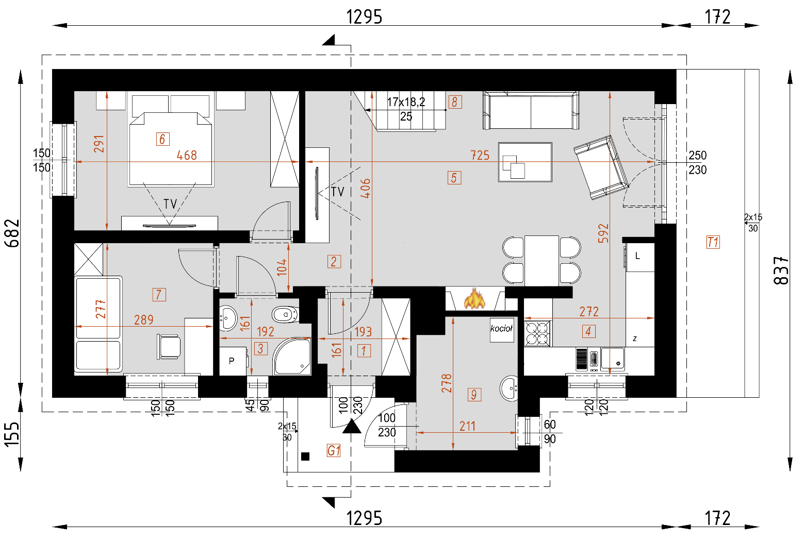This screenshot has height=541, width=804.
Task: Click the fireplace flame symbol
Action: pyautogui.click(x=475, y=299)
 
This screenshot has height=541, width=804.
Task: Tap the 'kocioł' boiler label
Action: pyautogui.click(x=501, y=329)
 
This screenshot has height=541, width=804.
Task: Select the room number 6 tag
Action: pyautogui.click(x=162, y=139)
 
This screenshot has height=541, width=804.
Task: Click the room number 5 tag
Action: pyautogui.click(x=454, y=178)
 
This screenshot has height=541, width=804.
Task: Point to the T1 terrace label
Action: pyautogui.click(x=713, y=242)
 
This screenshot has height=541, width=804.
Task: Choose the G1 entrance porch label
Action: pyautogui.click(x=334, y=451)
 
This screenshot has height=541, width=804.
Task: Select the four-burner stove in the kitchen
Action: pyautogui.click(x=537, y=333)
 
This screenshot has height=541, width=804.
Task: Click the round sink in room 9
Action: pyautogui.click(x=510, y=387)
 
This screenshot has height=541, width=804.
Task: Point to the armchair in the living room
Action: pyautogui.click(x=601, y=166)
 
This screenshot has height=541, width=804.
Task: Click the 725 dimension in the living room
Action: pyautogui.click(x=480, y=155)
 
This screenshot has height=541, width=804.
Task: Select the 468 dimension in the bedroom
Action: pyautogui.click(x=187, y=155)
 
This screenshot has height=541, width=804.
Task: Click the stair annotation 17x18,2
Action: pyautogui.click(x=406, y=102)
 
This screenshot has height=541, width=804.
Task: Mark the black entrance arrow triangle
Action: pyautogui.click(x=352, y=426)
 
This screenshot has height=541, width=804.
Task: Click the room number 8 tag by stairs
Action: pyautogui.click(x=454, y=102)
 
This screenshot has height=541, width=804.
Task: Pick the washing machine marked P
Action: pyautogui.click(x=232, y=361)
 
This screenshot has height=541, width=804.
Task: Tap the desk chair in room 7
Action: pyautogui.click(x=169, y=346)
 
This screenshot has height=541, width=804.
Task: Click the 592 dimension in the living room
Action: pyautogui.click(x=603, y=233)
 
